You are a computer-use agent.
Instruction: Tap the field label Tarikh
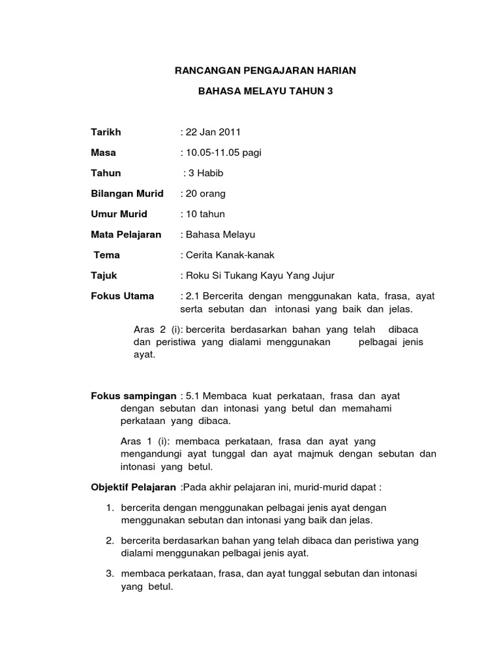coord(106,132)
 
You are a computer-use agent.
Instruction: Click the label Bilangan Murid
coord(127,194)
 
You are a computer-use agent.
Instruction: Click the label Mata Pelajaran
coord(126,234)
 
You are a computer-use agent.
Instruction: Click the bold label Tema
coord(107,255)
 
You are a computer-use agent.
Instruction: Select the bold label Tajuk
coord(104,275)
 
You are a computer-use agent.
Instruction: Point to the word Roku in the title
coord(197,275)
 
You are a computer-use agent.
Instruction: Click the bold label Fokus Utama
coord(123,296)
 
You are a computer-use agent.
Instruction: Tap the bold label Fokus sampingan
coord(133,395)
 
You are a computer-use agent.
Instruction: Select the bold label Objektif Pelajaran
coord(133,487)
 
